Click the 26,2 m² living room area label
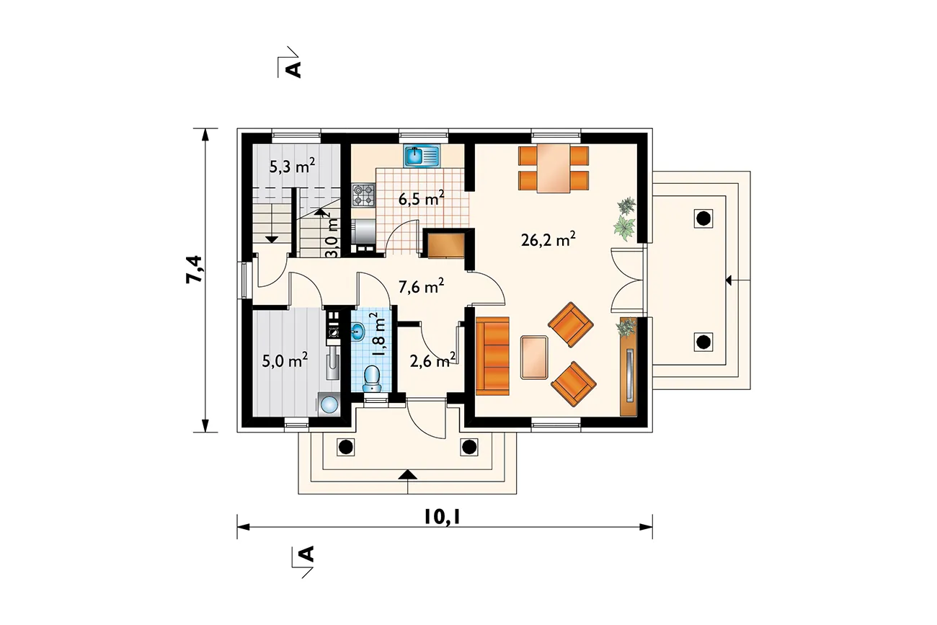click(x=548, y=240)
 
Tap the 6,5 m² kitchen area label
click(x=421, y=199)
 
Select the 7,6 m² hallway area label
click(x=421, y=287)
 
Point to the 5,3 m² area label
click(x=292, y=166)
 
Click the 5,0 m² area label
click(x=285, y=360)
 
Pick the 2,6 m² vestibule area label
click(x=432, y=360)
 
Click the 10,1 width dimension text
click(x=442, y=518)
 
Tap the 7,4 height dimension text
click(x=195, y=270)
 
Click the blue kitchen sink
click(x=421, y=156)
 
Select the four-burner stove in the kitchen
click(x=364, y=196)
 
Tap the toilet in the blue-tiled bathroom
click(x=372, y=379)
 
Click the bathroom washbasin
click(x=358, y=332)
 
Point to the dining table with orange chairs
click(x=554, y=168)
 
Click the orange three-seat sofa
click(x=493, y=356)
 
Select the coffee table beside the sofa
click(x=534, y=358)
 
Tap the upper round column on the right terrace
click(x=703, y=218)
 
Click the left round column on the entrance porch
click(x=345, y=447)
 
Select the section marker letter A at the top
click(x=295, y=69)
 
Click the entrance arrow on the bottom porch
click(x=408, y=475)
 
